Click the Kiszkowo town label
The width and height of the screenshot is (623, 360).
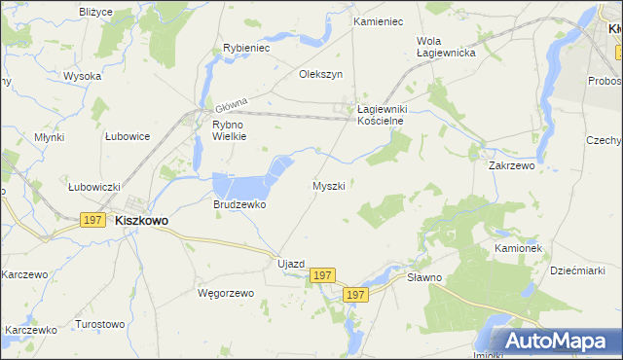pyautogui.click(x=141, y=221)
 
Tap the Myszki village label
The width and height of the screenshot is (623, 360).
pyautogui.click(x=328, y=185)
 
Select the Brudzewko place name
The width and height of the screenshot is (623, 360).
pyautogui.click(x=239, y=205)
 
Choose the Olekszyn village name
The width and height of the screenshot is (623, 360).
pyautogui.click(x=321, y=74)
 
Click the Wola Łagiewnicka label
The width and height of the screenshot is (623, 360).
pyautogui.click(x=445, y=47)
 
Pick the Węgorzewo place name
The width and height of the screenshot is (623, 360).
pyautogui.click(x=225, y=293)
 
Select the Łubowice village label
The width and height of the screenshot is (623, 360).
pyautogui.click(x=128, y=136)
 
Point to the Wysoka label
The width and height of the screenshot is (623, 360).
pyautogui.click(x=83, y=76)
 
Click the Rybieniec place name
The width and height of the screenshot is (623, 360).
pyautogui.click(x=246, y=47)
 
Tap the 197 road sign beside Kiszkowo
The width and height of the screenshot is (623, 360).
pyautogui.click(x=93, y=221)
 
